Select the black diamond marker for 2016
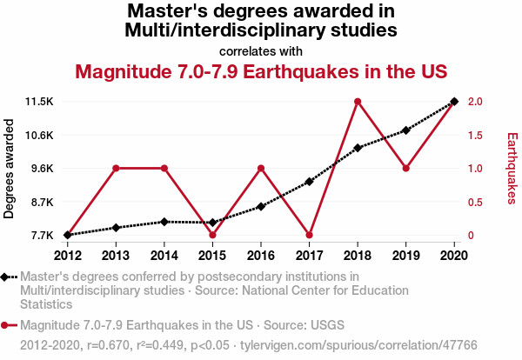[x=261, y=206]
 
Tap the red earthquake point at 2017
[x=309, y=235]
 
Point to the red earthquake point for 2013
[x=116, y=168]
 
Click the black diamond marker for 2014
[x=164, y=222]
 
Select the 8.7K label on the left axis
[x=42, y=202]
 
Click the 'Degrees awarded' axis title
[x=10, y=169]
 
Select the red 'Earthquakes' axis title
[x=512, y=169]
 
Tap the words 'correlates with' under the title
[x=261, y=50]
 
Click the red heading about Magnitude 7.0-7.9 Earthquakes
[x=261, y=71]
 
